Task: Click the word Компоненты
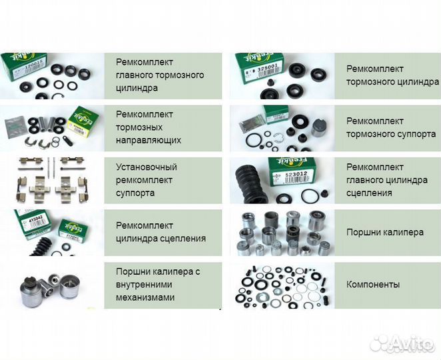tap(373, 285)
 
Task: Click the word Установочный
tap(146, 167)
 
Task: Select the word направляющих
tap(148, 140)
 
